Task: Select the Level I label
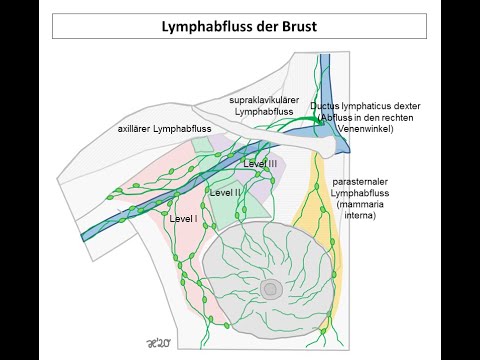click(x=184, y=217)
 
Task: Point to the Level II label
click(x=223, y=192)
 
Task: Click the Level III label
click(x=260, y=163)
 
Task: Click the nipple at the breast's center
click(x=270, y=290)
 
